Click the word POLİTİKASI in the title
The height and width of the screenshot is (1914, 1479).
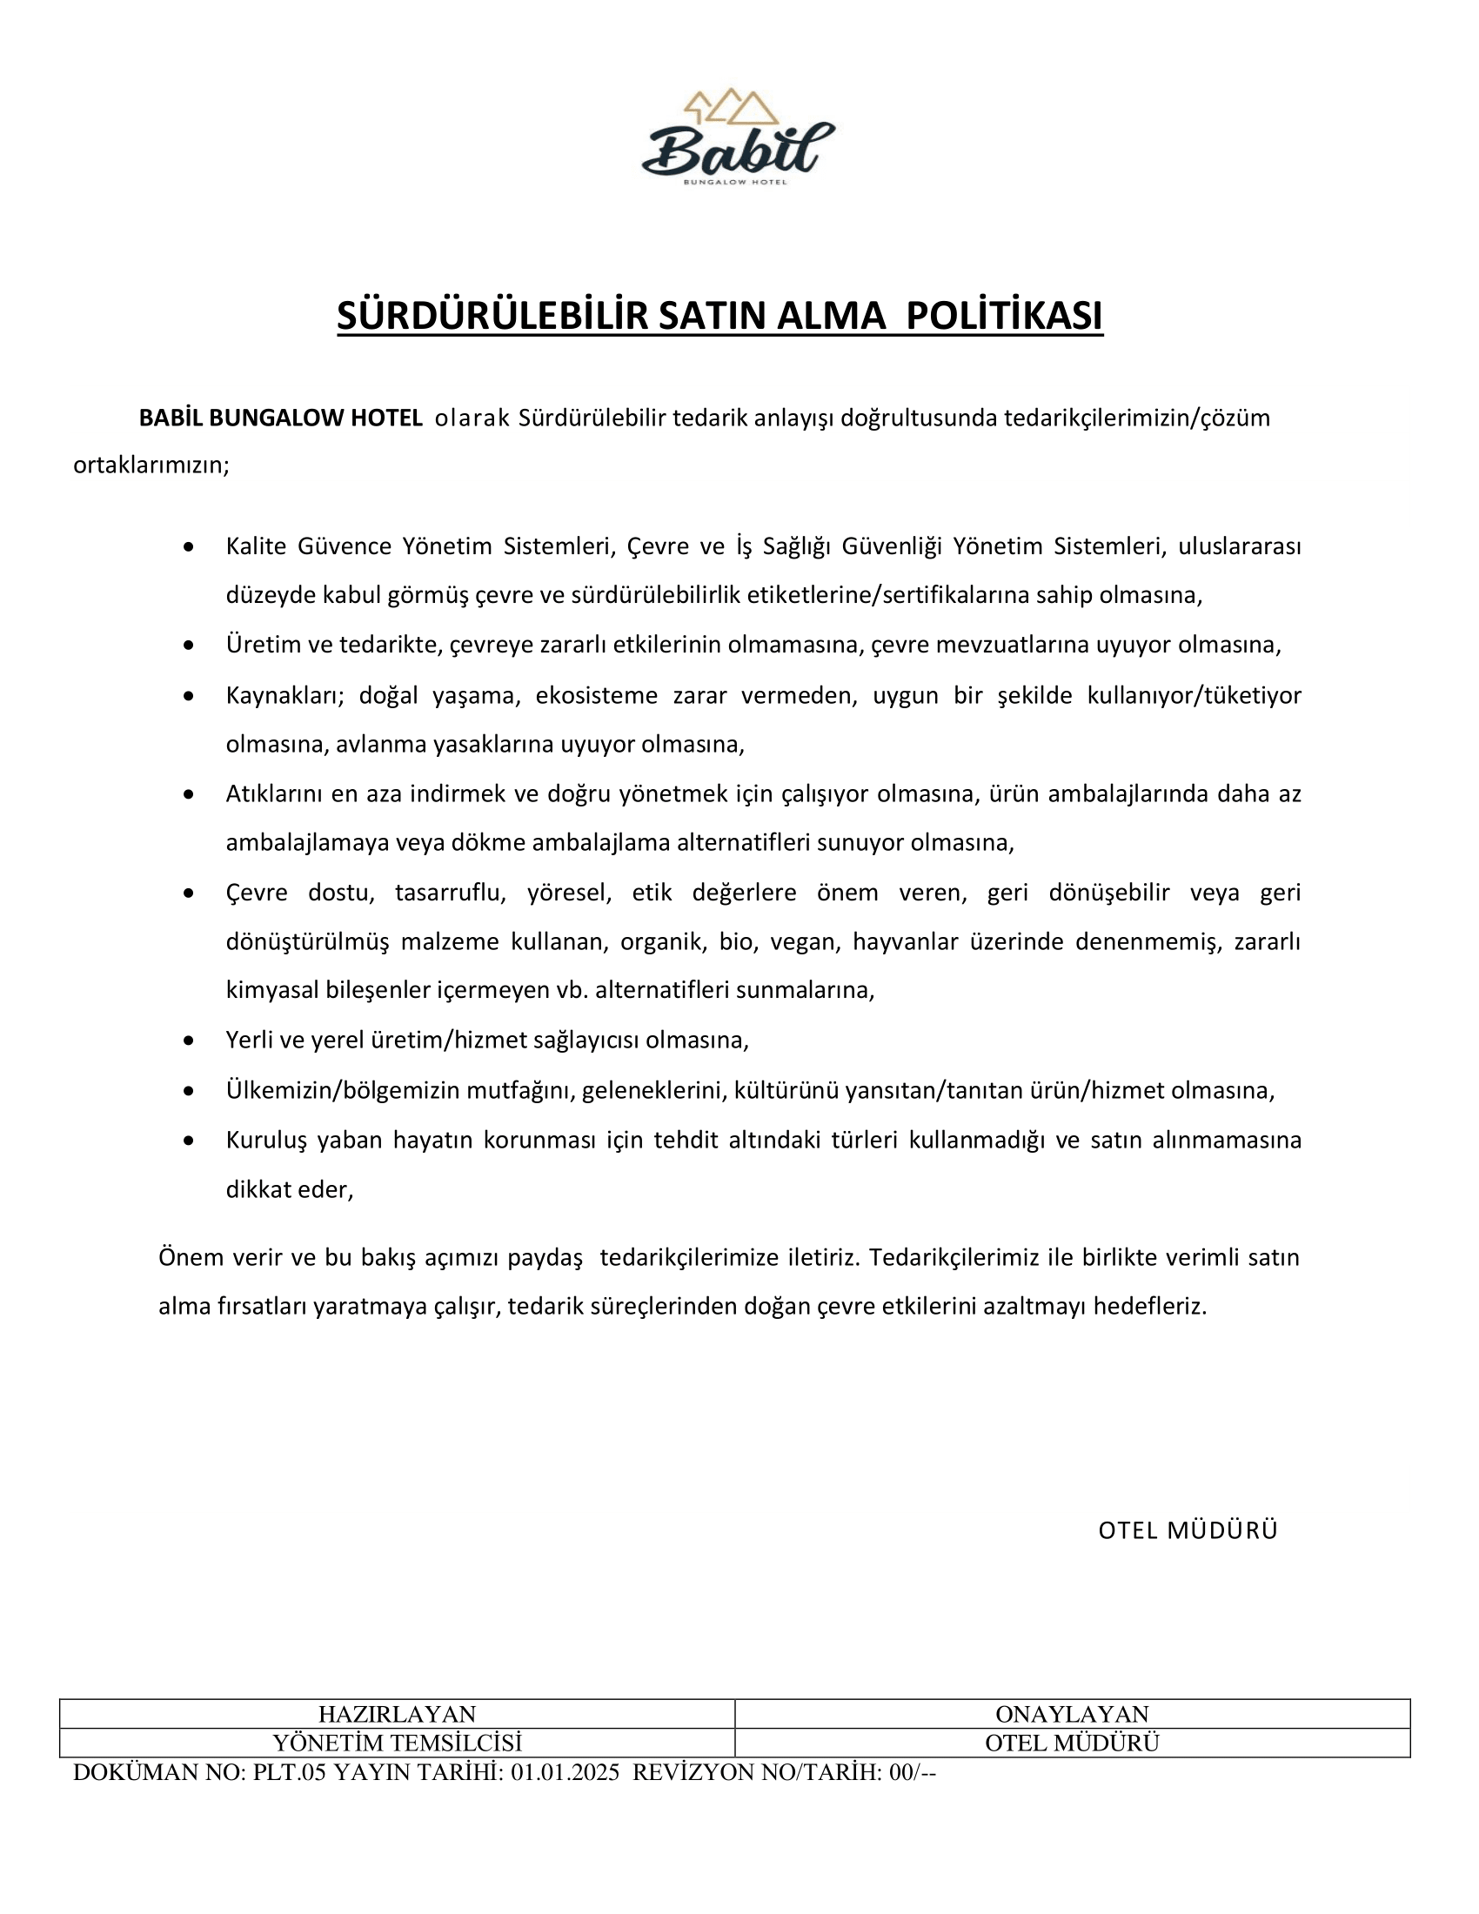(1004, 318)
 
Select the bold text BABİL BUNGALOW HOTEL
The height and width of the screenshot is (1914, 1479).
(280, 418)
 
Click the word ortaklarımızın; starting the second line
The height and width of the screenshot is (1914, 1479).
(151, 465)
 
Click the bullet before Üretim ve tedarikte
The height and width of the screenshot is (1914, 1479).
(189, 646)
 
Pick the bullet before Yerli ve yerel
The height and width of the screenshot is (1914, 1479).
(189, 1041)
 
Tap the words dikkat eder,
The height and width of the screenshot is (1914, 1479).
(289, 1190)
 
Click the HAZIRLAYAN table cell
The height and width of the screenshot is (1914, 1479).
(396, 1713)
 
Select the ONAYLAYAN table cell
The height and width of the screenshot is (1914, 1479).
(1072, 1713)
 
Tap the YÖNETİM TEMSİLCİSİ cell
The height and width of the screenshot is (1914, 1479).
(396, 1743)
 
